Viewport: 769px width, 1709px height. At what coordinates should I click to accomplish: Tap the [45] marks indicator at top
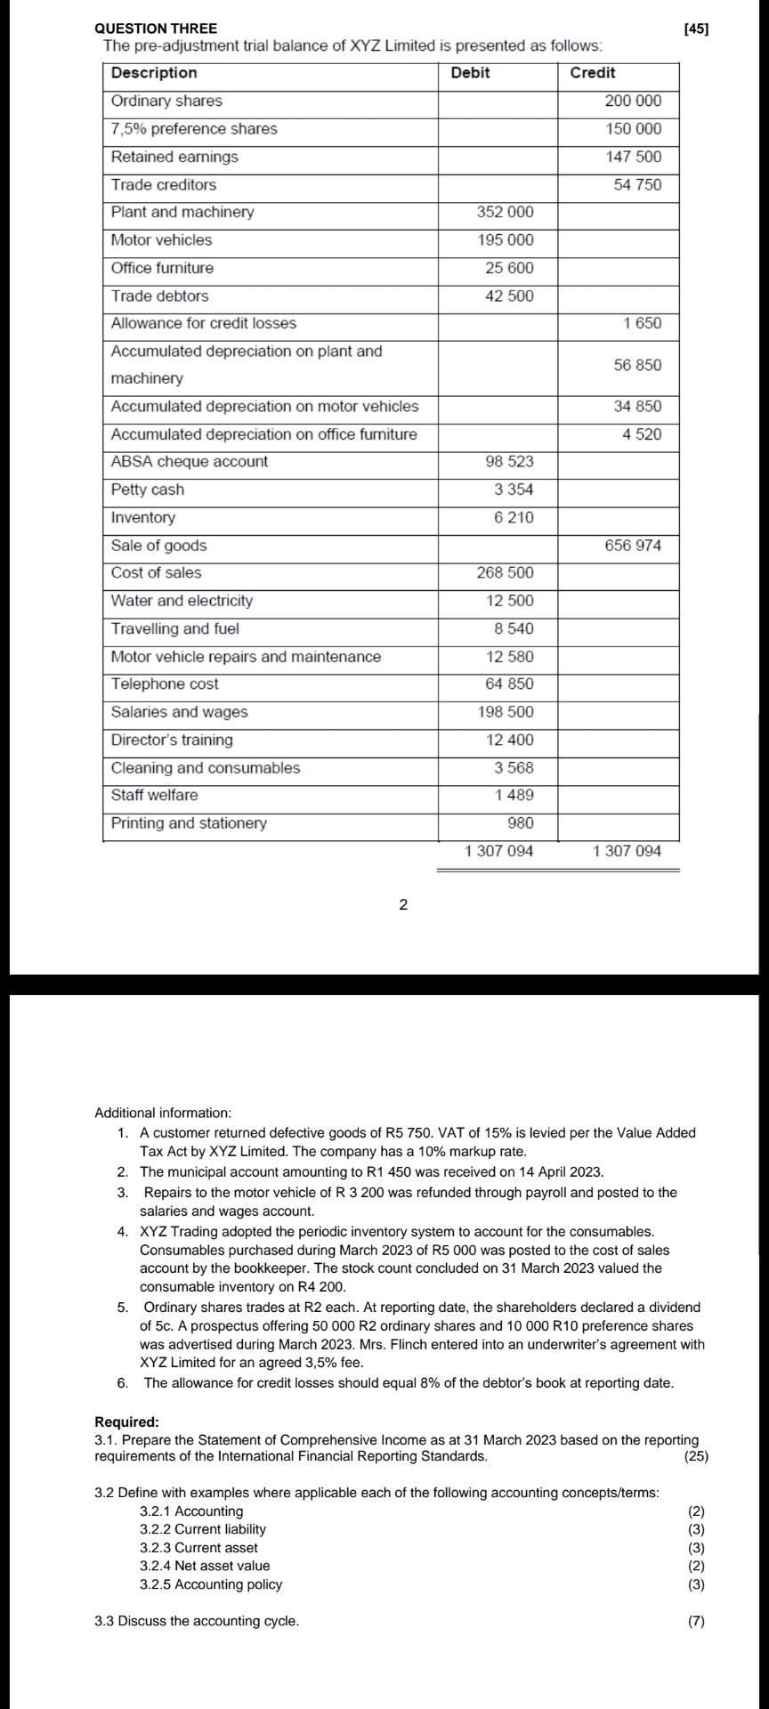696,29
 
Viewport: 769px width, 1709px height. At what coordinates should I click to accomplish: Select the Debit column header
470,73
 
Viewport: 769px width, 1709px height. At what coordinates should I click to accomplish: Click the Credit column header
592,73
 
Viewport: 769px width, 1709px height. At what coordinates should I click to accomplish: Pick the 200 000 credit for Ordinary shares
633,101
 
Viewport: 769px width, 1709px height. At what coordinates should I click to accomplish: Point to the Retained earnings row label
174,157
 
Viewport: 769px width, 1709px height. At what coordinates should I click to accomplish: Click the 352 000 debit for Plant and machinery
506,213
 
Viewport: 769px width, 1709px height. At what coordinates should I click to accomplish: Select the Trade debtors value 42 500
509,296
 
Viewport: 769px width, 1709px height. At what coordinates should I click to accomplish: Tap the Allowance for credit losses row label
204,323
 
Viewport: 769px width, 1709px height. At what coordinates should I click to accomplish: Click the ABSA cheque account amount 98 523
509,462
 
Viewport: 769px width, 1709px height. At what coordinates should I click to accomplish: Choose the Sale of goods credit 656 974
633,546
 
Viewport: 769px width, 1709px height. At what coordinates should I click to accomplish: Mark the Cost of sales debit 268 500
506,573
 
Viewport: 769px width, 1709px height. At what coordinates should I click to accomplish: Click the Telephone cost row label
165,684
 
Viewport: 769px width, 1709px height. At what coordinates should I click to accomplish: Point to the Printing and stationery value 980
520,823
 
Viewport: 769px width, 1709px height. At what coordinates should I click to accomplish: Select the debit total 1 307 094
499,852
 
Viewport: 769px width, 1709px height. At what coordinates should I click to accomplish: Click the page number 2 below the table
403,905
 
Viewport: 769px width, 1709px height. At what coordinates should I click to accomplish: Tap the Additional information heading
162,1113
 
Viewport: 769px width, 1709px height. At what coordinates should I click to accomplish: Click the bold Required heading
126,1422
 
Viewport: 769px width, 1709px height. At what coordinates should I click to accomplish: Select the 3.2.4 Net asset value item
205,1566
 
